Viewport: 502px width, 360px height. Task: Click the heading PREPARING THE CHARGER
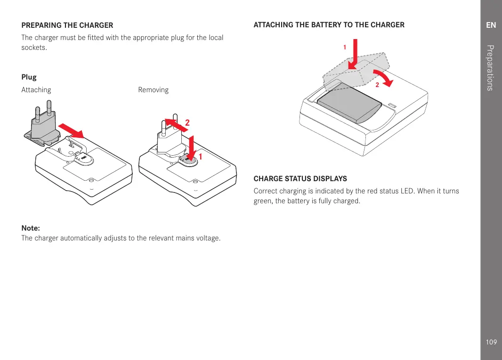(67, 25)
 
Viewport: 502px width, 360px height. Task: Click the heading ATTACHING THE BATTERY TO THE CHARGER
(329, 25)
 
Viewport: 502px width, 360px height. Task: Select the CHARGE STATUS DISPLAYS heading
(300, 179)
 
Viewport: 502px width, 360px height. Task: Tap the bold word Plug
(29, 77)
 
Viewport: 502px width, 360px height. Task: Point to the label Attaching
(36, 90)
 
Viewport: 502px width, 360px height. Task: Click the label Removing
(153, 90)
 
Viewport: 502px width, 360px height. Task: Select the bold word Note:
(31, 228)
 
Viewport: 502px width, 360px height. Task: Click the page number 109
(491, 342)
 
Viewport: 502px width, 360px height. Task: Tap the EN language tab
(491, 25)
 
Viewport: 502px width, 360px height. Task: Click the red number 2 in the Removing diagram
(187, 122)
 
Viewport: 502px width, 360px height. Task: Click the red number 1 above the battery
(345, 48)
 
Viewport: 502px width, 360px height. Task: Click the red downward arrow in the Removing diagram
(191, 146)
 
